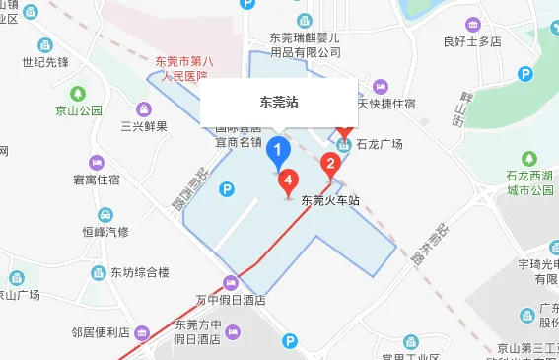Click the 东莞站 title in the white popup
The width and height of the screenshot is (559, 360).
pos(279,102)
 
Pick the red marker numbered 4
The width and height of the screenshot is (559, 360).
pos(288,181)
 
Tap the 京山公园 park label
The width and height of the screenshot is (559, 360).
pos(78,110)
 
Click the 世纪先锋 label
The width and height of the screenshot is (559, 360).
pos(45,62)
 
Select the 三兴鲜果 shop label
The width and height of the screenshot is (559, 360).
pos(144,126)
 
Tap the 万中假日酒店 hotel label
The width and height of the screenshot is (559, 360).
pos(231,300)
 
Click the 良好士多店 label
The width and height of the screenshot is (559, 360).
pos(472,42)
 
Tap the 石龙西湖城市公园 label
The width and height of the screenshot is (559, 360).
pos(530,182)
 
